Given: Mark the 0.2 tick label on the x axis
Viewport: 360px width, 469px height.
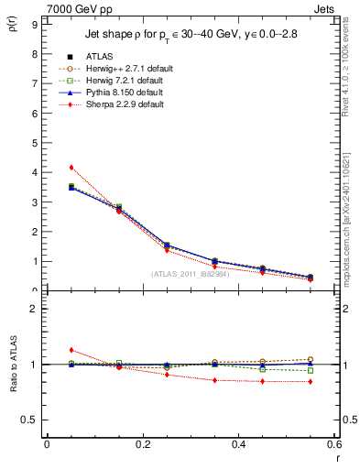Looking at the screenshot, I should tap(142, 444).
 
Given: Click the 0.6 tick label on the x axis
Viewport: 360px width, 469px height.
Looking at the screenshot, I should tap(333, 444).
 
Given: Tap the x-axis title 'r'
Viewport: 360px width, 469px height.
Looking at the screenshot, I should tap(336, 455).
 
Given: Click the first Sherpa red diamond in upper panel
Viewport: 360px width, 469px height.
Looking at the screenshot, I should tap(71, 168).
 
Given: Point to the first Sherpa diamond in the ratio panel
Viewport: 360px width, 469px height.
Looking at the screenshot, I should tap(71, 350).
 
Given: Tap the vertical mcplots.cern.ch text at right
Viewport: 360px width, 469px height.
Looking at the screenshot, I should tap(347, 220).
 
